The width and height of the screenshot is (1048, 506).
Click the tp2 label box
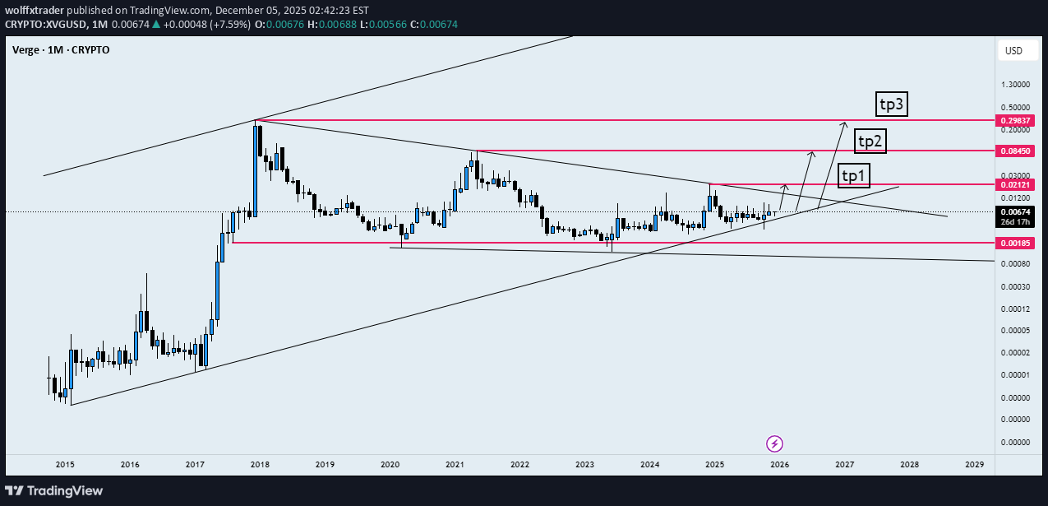[870, 142]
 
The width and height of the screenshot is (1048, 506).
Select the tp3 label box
[893, 104]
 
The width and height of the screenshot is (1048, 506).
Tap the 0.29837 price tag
[1016, 120]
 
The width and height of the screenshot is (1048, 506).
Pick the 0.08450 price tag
[1016, 151]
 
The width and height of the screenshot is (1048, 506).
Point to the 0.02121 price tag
[1016, 185]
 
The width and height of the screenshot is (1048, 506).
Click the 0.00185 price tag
[1016, 244]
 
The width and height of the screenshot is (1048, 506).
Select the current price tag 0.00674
[1016, 212]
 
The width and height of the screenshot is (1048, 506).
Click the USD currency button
[1013, 51]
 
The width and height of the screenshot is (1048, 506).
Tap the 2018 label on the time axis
[260, 465]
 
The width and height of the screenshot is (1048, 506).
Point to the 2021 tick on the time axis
[455, 465]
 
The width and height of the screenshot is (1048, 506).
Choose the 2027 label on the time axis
[844, 465]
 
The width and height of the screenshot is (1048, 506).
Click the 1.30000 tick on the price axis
[1017, 85]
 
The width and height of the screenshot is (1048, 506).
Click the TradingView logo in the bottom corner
[55, 491]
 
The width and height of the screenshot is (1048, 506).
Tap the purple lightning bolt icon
[774, 444]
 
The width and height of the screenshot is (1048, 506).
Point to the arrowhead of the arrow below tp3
[843, 124]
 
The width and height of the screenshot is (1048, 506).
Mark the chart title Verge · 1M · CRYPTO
[61, 50]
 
